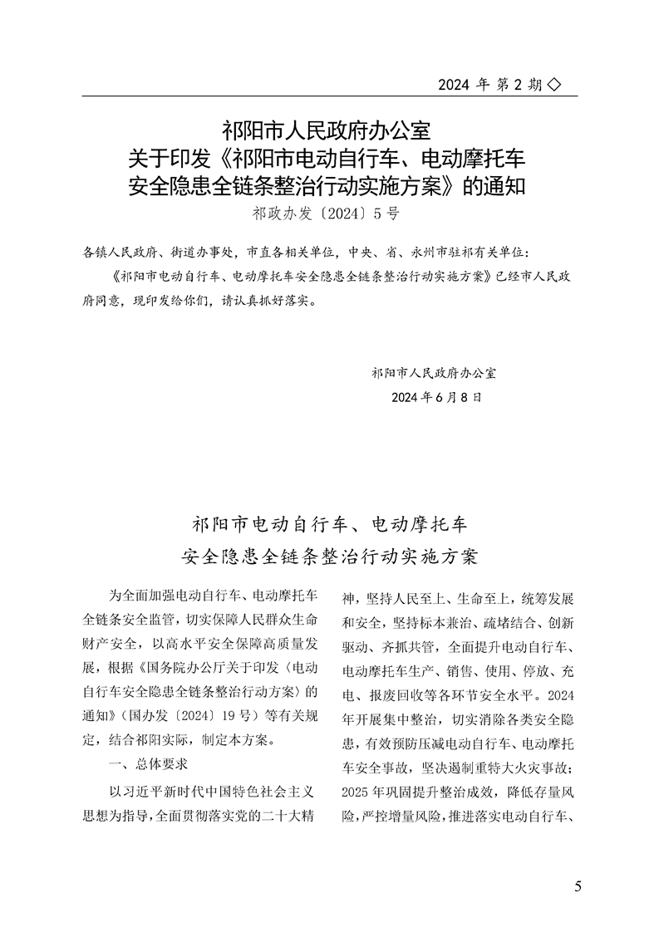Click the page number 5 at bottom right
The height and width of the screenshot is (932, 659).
pyautogui.click(x=578, y=885)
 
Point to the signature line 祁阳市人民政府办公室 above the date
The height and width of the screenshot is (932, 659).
pyautogui.click(x=435, y=373)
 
